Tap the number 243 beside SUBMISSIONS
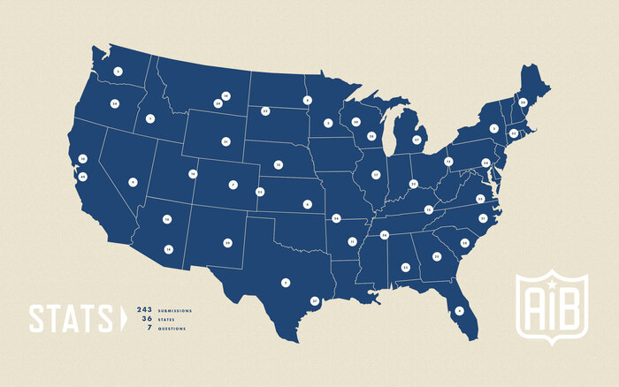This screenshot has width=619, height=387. (x=144, y=310)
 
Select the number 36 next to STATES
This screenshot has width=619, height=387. (x=147, y=319)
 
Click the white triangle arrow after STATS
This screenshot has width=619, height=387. (x=123, y=318)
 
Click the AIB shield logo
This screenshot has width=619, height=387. (x=552, y=304)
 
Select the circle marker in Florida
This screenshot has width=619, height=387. (x=460, y=311)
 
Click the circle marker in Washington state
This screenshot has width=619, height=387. (x=118, y=71)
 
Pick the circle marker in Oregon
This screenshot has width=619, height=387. (x=114, y=103)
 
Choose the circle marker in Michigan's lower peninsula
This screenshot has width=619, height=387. (x=416, y=140)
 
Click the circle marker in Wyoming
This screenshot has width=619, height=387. (x=225, y=141)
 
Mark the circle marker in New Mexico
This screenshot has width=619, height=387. (x=227, y=241)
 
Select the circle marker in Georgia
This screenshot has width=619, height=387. (x=436, y=256)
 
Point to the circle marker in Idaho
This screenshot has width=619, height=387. (x=150, y=118)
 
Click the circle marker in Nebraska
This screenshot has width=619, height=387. (x=278, y=164)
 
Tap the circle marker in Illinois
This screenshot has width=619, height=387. (x=375, y=175)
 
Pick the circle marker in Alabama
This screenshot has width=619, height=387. (x=406, y=267)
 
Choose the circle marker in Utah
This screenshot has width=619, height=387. (x=192, y=174)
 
